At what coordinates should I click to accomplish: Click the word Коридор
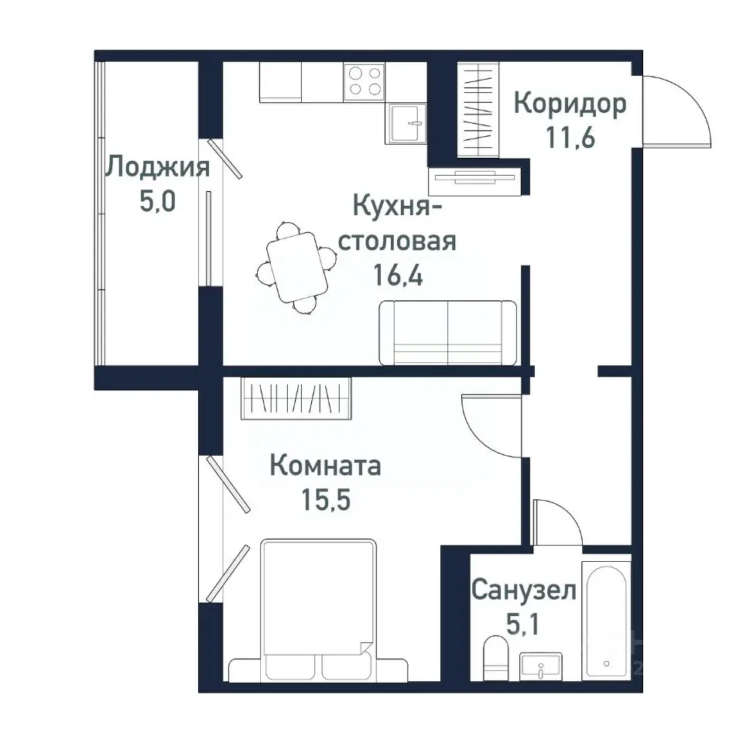coord(570,104)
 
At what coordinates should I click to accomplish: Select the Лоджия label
coord(158,166)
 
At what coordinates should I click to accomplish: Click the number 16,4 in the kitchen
coord(398,275)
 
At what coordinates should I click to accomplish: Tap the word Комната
coord(325,466)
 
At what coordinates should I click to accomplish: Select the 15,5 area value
coord(325,500)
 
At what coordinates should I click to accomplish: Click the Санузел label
coord(524,591)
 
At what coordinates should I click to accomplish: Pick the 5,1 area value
coord(524,624)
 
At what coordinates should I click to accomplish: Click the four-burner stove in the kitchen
coord(365,80)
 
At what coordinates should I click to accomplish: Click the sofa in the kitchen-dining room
coord(447,333)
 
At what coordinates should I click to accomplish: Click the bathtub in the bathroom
coord(606,619)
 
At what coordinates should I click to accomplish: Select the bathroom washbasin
coord(542,665)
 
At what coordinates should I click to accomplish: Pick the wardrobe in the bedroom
coord(296,399)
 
